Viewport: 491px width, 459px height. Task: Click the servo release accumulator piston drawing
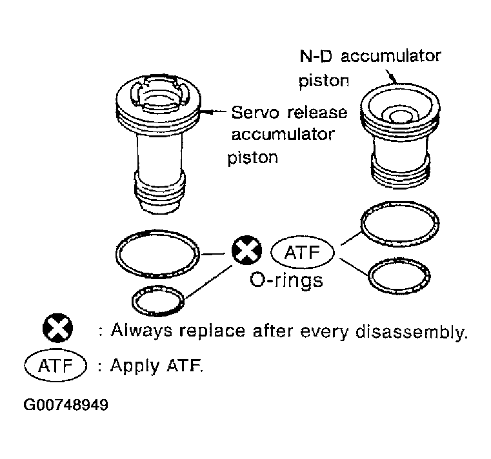[159, 144]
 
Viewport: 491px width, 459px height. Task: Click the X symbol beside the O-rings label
[246, 250]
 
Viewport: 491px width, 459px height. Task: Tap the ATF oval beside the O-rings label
[303, 253]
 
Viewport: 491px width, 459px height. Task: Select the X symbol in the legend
[57, 328]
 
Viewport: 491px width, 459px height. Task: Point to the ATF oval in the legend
[55, 366]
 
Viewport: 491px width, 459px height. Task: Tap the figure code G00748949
[66, 405]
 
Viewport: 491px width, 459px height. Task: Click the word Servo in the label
[255, 113]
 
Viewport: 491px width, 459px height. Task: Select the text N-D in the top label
[316, 56]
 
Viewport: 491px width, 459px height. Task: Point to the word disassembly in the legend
[412, 331]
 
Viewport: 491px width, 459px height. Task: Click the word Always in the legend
[141, 331]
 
